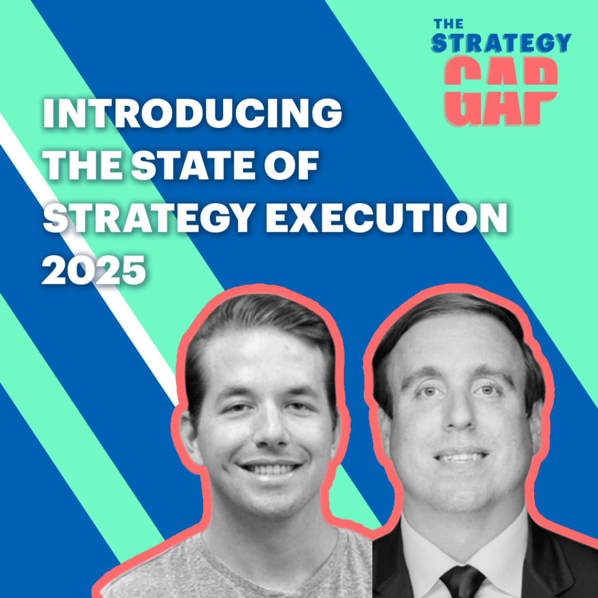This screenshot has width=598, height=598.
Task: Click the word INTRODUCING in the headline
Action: click(192, 114)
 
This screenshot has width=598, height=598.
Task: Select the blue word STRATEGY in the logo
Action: click(500, 44)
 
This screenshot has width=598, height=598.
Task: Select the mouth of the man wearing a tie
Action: click(461, 456)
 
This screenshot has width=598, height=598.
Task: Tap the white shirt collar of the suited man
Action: click(426, 546)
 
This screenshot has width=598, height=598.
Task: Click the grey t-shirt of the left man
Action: click(245, 569)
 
